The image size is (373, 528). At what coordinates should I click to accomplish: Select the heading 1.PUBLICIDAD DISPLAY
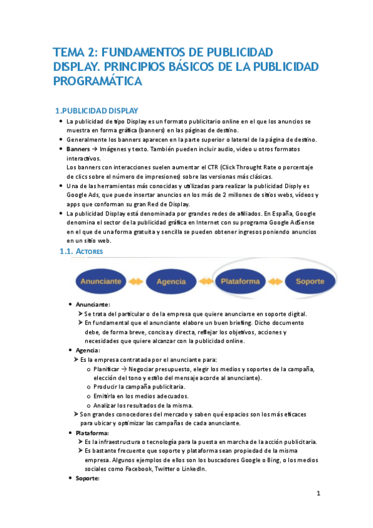point(97,110)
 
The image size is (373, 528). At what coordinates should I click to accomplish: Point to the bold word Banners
point(78,150)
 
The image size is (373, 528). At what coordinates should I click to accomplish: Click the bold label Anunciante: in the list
point(93,304)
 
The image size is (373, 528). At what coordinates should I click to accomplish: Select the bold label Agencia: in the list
point(88,351)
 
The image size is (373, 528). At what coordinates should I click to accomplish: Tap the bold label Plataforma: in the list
point(92,433)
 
